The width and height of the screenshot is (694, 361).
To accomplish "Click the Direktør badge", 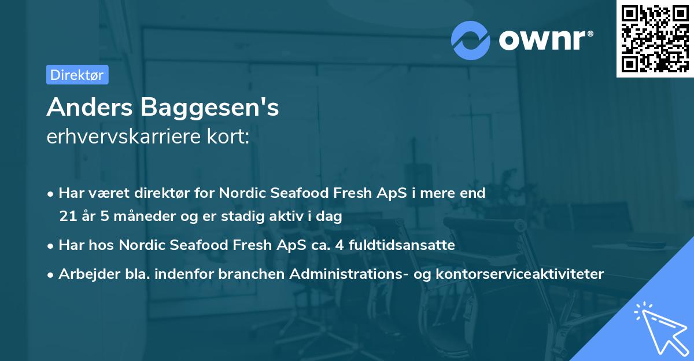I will point(76,75).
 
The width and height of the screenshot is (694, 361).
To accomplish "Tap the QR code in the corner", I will point(655,39).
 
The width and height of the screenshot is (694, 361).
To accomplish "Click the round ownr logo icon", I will point(471,40).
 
